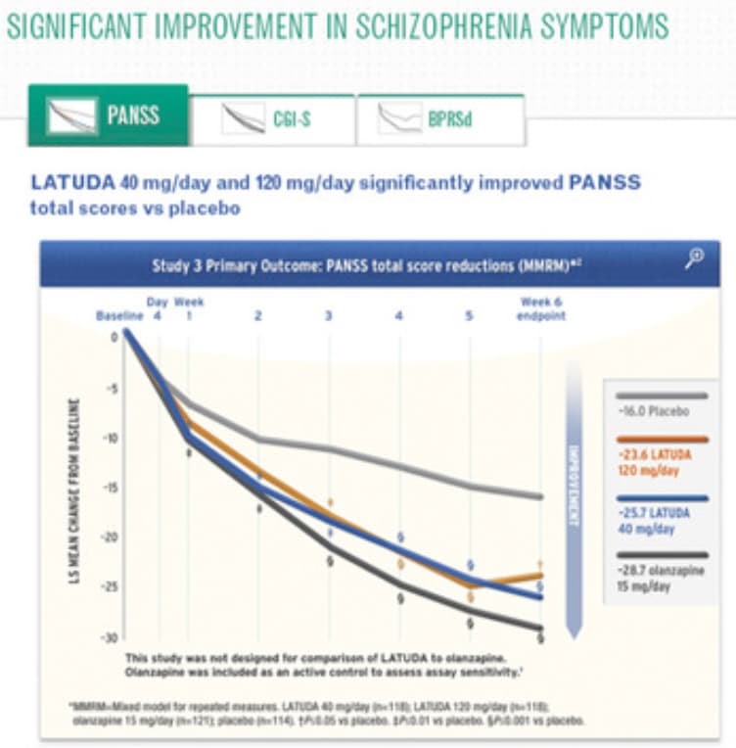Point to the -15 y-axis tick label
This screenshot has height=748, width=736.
pos(111,488)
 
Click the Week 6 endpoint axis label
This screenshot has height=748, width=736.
pos(541,309)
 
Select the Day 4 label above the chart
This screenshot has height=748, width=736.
pos(157,309)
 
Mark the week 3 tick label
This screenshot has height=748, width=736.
pos(329,316)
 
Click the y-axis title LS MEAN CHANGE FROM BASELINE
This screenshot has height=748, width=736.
pos(74,490)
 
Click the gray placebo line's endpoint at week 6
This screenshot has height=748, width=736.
pos(540,496)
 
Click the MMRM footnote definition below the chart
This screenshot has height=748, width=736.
pos(323,705)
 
